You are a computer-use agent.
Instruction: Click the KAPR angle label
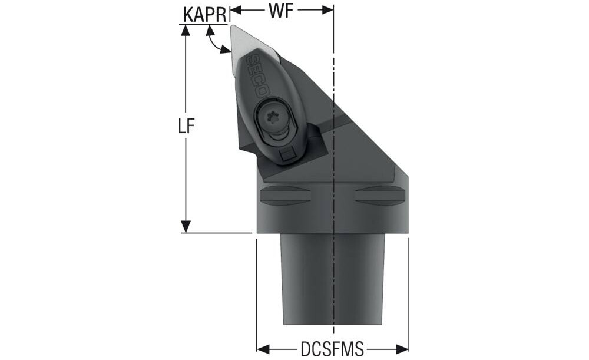[205, 15]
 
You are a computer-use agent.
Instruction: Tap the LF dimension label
[186, 127]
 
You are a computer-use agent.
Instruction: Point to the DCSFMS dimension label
[332, 349]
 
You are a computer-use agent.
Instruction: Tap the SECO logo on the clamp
[259, 76]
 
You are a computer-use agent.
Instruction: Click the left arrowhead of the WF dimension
[236, 11]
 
